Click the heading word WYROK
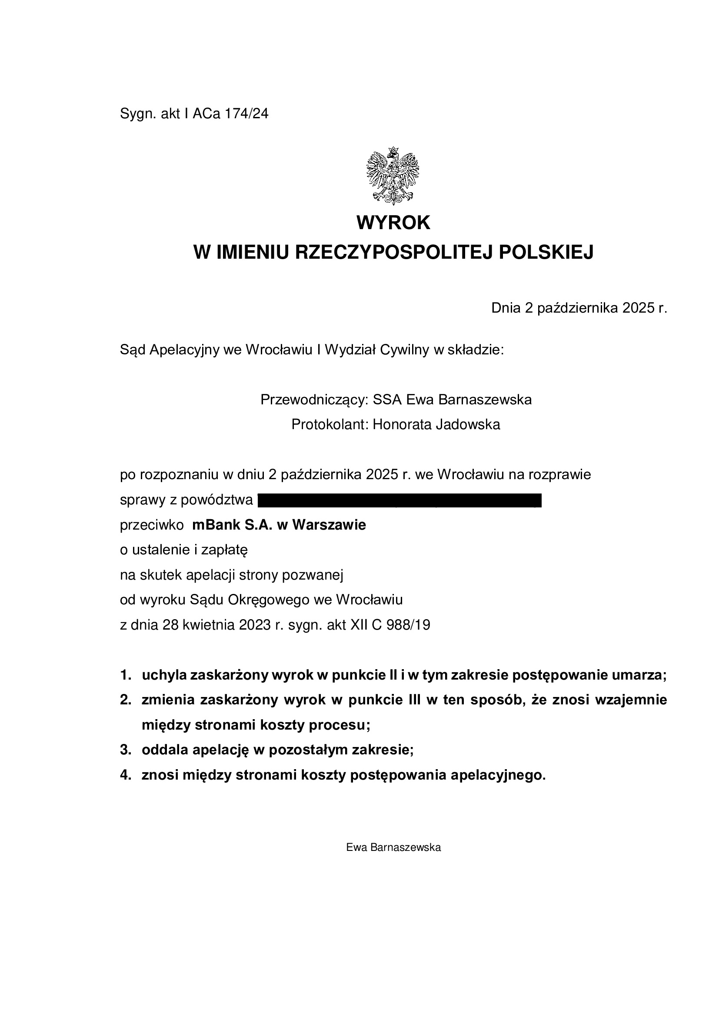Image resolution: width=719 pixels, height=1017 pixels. pyautogui.click(x=393, y=223)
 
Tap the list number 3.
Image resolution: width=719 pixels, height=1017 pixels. pyautogui.click(x=125, y=750)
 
